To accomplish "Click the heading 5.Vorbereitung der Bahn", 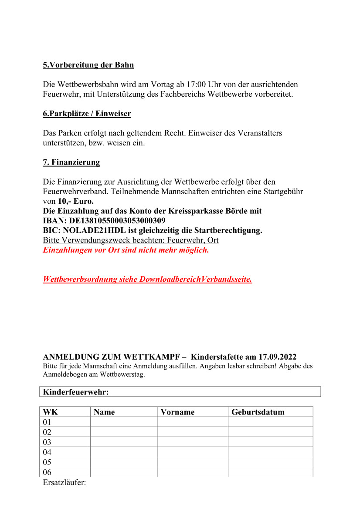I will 88,65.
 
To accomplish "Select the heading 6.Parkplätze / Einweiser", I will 87,114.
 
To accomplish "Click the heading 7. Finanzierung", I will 71,162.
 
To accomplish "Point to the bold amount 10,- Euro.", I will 75,201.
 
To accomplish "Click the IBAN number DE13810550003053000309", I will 117,221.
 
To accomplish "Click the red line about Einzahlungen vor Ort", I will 126,250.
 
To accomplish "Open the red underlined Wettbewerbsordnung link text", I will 147,279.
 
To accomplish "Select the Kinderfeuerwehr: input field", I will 214,392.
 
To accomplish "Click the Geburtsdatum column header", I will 258,412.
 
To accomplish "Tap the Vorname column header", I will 178,412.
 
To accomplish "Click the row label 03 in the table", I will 47,442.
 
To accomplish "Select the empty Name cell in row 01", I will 123,422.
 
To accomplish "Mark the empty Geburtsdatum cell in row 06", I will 270,472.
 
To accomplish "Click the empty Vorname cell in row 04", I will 192,452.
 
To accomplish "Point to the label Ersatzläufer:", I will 65,482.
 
